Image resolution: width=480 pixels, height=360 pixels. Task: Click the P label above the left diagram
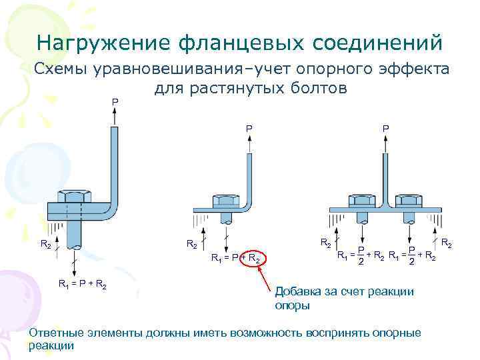(x=115, y=101)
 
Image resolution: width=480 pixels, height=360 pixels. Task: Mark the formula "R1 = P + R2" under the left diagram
(x=83, y=285)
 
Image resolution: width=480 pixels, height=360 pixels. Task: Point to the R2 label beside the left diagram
(x=46, y=245)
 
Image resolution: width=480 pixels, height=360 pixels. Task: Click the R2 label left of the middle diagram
(x=191, y=245)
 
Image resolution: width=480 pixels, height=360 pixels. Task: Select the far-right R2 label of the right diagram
(x=446, y=245)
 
